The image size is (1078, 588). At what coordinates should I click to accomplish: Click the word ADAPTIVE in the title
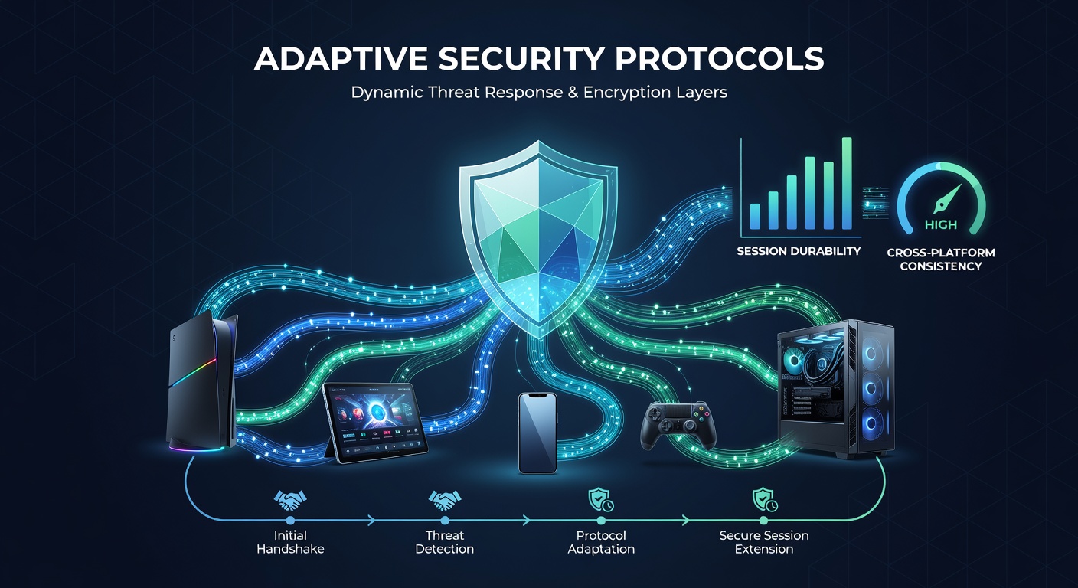[x=341, y=59]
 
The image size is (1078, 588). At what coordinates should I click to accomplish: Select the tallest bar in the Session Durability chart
[x=847, y=183]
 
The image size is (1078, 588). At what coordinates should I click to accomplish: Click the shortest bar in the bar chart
[x=755, y=217]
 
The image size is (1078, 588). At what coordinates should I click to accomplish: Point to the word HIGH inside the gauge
[x=941, y=224]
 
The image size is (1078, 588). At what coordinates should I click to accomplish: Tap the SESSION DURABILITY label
[x=799, y=251]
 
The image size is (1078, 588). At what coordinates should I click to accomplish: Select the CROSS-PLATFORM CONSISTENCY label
[x=941, y=260]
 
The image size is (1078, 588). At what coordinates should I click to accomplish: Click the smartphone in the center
[x=537, y=433]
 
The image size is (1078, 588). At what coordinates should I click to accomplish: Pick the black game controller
[x=678, y=426]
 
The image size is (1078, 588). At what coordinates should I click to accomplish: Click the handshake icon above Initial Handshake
[x=290, y=501]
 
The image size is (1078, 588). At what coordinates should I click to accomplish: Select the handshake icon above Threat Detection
[x=445, y=501]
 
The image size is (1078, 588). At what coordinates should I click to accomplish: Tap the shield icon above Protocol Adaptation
[x=601, y=501]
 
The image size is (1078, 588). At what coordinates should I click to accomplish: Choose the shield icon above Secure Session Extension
[x=765, y=501]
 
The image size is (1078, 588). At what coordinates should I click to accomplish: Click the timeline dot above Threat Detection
[x=445, y=520]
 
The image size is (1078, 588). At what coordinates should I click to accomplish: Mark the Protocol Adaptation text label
[x=601, y=542]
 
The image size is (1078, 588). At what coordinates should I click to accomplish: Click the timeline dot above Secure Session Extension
[x=764, y=520]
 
